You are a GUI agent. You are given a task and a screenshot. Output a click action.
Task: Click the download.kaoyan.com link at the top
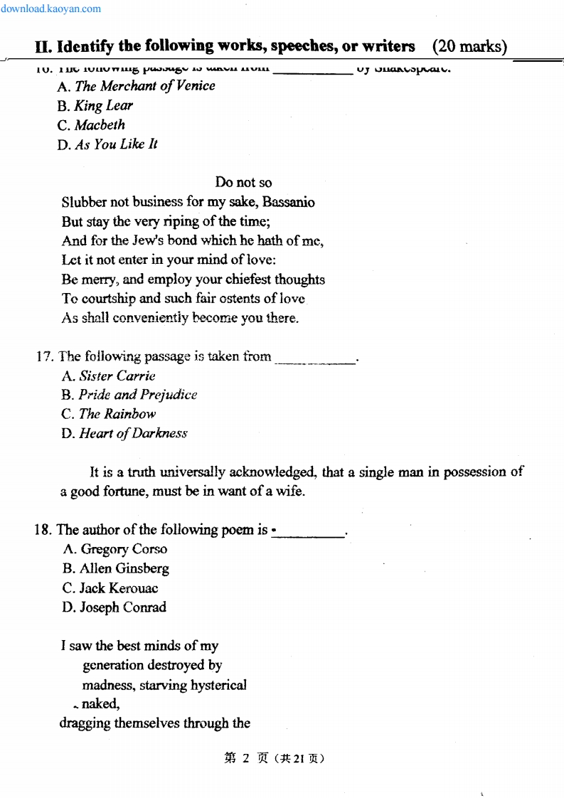pyautogui.click(x=50, y=9)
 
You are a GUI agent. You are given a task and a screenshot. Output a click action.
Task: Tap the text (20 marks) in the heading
pyautogui.click(x=469, y=47)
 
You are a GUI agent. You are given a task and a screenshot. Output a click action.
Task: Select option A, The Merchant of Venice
pyautogui.click(x=136, y=86)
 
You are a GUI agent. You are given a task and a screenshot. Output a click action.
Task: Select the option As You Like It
pyautogui.click(x=107, y=144)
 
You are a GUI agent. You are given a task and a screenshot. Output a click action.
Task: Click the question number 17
pyautogui.click(x=44, y=356)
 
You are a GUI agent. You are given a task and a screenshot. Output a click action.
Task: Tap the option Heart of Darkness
pyautogui.click(x=124, y=433)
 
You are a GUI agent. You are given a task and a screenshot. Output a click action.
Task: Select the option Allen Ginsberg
pyautogui.click(x=115, y=568)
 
